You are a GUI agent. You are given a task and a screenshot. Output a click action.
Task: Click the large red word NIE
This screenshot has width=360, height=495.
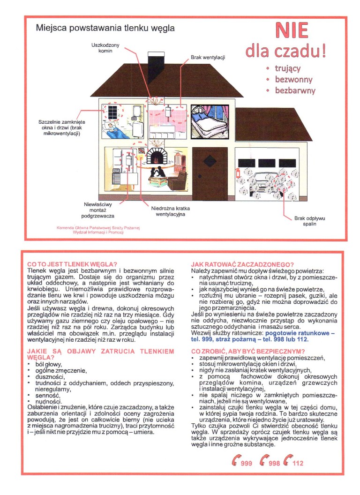coord(292,30)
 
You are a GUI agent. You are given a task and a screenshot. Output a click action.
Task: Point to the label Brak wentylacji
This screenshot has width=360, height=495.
coord(208,57)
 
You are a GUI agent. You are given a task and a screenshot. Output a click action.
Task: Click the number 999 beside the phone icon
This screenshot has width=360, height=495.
coord(246,464)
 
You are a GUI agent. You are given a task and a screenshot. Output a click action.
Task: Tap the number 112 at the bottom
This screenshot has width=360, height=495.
coord(297,464)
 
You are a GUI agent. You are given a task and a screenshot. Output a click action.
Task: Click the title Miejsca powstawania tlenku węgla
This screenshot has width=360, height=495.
coord(105,28)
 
